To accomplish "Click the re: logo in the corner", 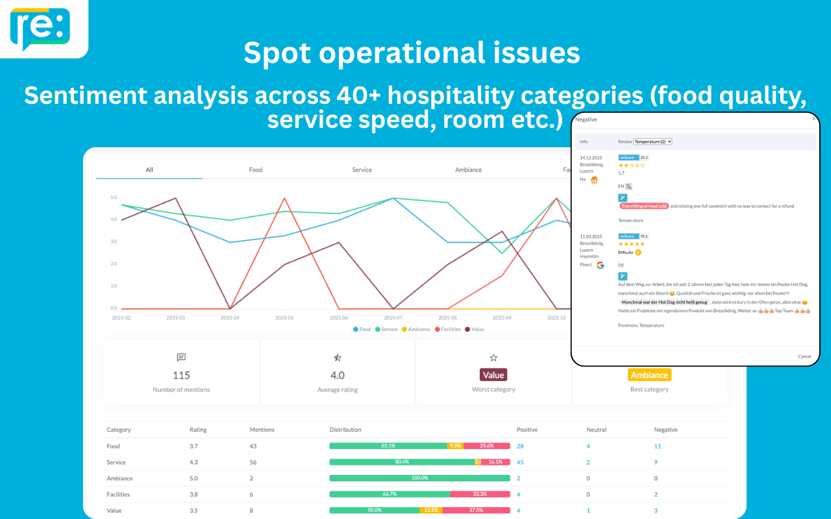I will pyautogui.click(x=40, y=27).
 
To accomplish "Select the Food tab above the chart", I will pyautogui.click(x=256, y=170).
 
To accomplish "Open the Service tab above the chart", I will pyautogui.click(x=362, y=170).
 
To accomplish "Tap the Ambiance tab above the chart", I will pyautogui.click(x=468, y=170).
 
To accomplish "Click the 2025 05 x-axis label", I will pyautogui.click(x=284, y=318).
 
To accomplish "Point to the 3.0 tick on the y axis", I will pyautogui.click(x=114, y=241).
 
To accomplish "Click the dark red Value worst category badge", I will pyautogui.click(x=493, y=375).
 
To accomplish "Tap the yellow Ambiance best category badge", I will pyautogui.click(x=649, y=375).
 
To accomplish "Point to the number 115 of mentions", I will pyautogui.click(x=181, y=375).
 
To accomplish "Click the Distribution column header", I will pyautogui.click(x=345, y=429).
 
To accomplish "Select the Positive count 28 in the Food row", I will pyautogui.click(x=520, y=446).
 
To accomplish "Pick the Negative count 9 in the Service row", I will pyautogui.click(x=656, y=463).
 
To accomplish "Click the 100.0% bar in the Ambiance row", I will pyautogui.click(x=419, y=478).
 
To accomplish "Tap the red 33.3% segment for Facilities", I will pyautogui.click(x=480, y=494).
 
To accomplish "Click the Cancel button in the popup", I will pyautogui.click(x=804, y=356).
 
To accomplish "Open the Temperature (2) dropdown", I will pyautogui.click(x=652, y=141).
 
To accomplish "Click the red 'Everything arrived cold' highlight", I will pyautogui.click(x=643, y=206).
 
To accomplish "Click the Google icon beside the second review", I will pyautogui.click(x=601, y=265).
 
